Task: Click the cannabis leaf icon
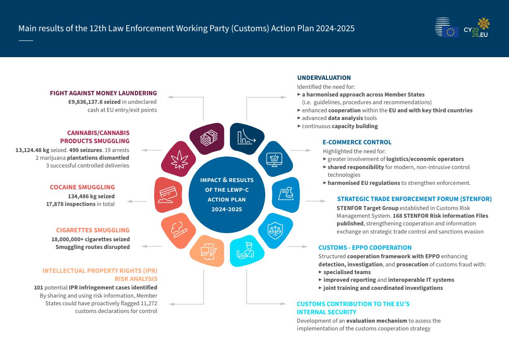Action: point(180,159)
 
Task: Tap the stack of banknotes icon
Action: point(208,138)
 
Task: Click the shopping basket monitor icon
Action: point(274,160)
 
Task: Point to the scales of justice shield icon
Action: point(275,231)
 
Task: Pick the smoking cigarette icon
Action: point(179,229)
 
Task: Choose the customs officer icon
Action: point(245,251)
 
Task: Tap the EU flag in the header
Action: point(450,32)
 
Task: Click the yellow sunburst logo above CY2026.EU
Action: point(483,24)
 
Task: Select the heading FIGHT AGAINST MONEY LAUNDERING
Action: point(103,93)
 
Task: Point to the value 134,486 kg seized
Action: point(91,196)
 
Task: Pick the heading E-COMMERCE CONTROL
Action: point(357,142)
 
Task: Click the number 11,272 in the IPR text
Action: point(149,303)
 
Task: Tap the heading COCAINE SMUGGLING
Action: point(82,187)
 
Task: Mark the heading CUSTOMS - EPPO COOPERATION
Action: point(365,248)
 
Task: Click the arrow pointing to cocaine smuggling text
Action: point(137,201)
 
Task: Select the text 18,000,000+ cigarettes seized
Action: point(90,240)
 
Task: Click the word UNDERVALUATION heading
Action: point(324,78)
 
